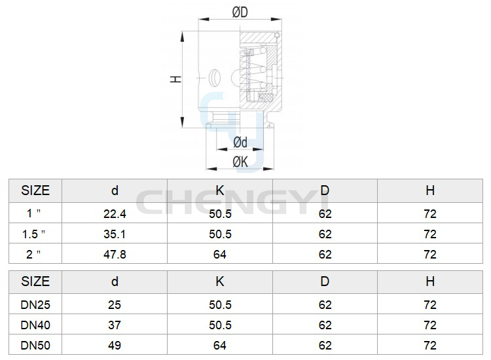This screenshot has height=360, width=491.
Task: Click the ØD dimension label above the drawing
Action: coord(240,12)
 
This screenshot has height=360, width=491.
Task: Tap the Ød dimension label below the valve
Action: coord(240,142)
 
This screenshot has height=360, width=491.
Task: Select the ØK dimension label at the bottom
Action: coord(240,162)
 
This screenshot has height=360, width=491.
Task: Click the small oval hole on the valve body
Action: coord(215,77)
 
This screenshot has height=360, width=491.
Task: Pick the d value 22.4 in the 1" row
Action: coord(115,214)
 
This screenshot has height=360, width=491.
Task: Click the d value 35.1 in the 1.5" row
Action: coord(115,234)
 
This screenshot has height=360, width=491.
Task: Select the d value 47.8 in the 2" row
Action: coord(115,255)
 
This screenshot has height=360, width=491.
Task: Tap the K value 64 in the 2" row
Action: coord(220,255)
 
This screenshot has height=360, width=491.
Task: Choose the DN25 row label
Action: coord(35,305)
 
